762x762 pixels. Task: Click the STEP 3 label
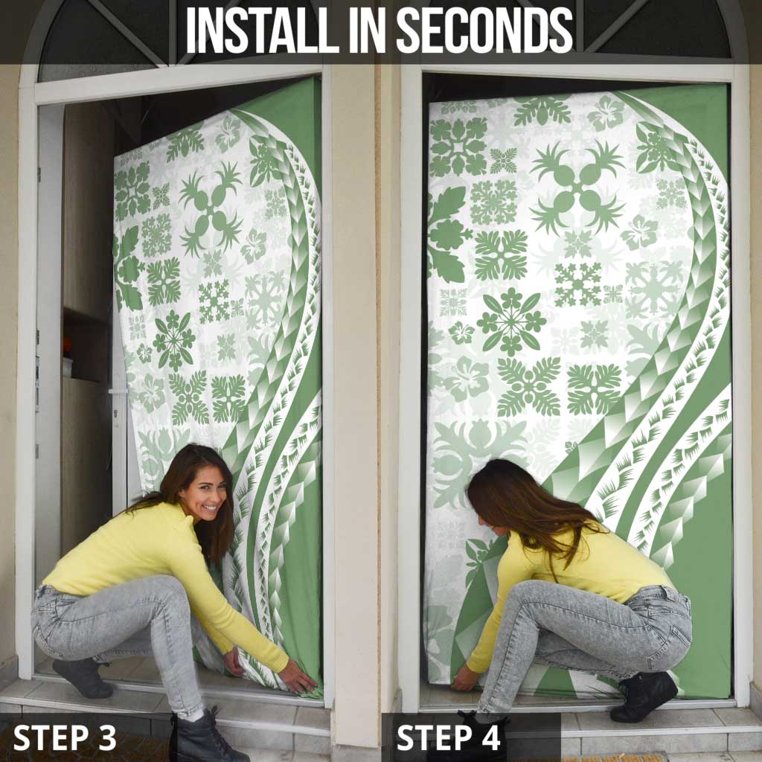pos(65,737)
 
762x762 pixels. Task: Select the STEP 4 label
pos(449,737)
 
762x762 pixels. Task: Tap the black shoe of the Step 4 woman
pos(643,696)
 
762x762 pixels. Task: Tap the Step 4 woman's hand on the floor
pos(465,678)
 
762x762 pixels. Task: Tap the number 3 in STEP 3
pos(107,737)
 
